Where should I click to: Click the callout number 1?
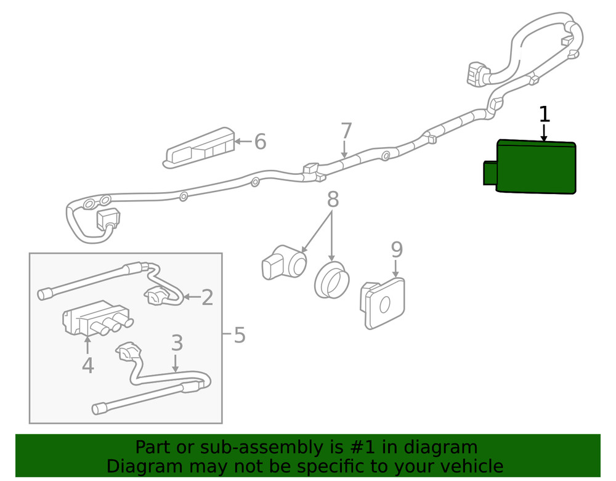click(544, 114)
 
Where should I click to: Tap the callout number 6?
click(260, 142)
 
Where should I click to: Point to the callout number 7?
click(346, 131)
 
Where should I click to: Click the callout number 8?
click(333, 199)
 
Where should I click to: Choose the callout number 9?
click(397, 249)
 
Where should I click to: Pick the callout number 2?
click(207, 298)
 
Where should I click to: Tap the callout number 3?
click(177, 342)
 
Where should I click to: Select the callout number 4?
click(87, 365)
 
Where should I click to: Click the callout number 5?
click(239, 336)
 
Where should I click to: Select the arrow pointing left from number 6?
click(243, 142)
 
